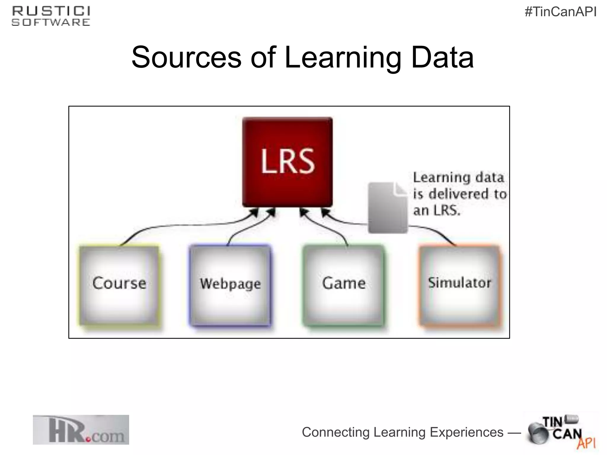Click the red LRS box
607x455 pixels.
tap(287, 162)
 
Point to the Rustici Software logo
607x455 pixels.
tap(51, 16)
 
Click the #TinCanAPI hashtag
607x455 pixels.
tap(560, 12)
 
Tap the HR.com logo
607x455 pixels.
tap(81, 430)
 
